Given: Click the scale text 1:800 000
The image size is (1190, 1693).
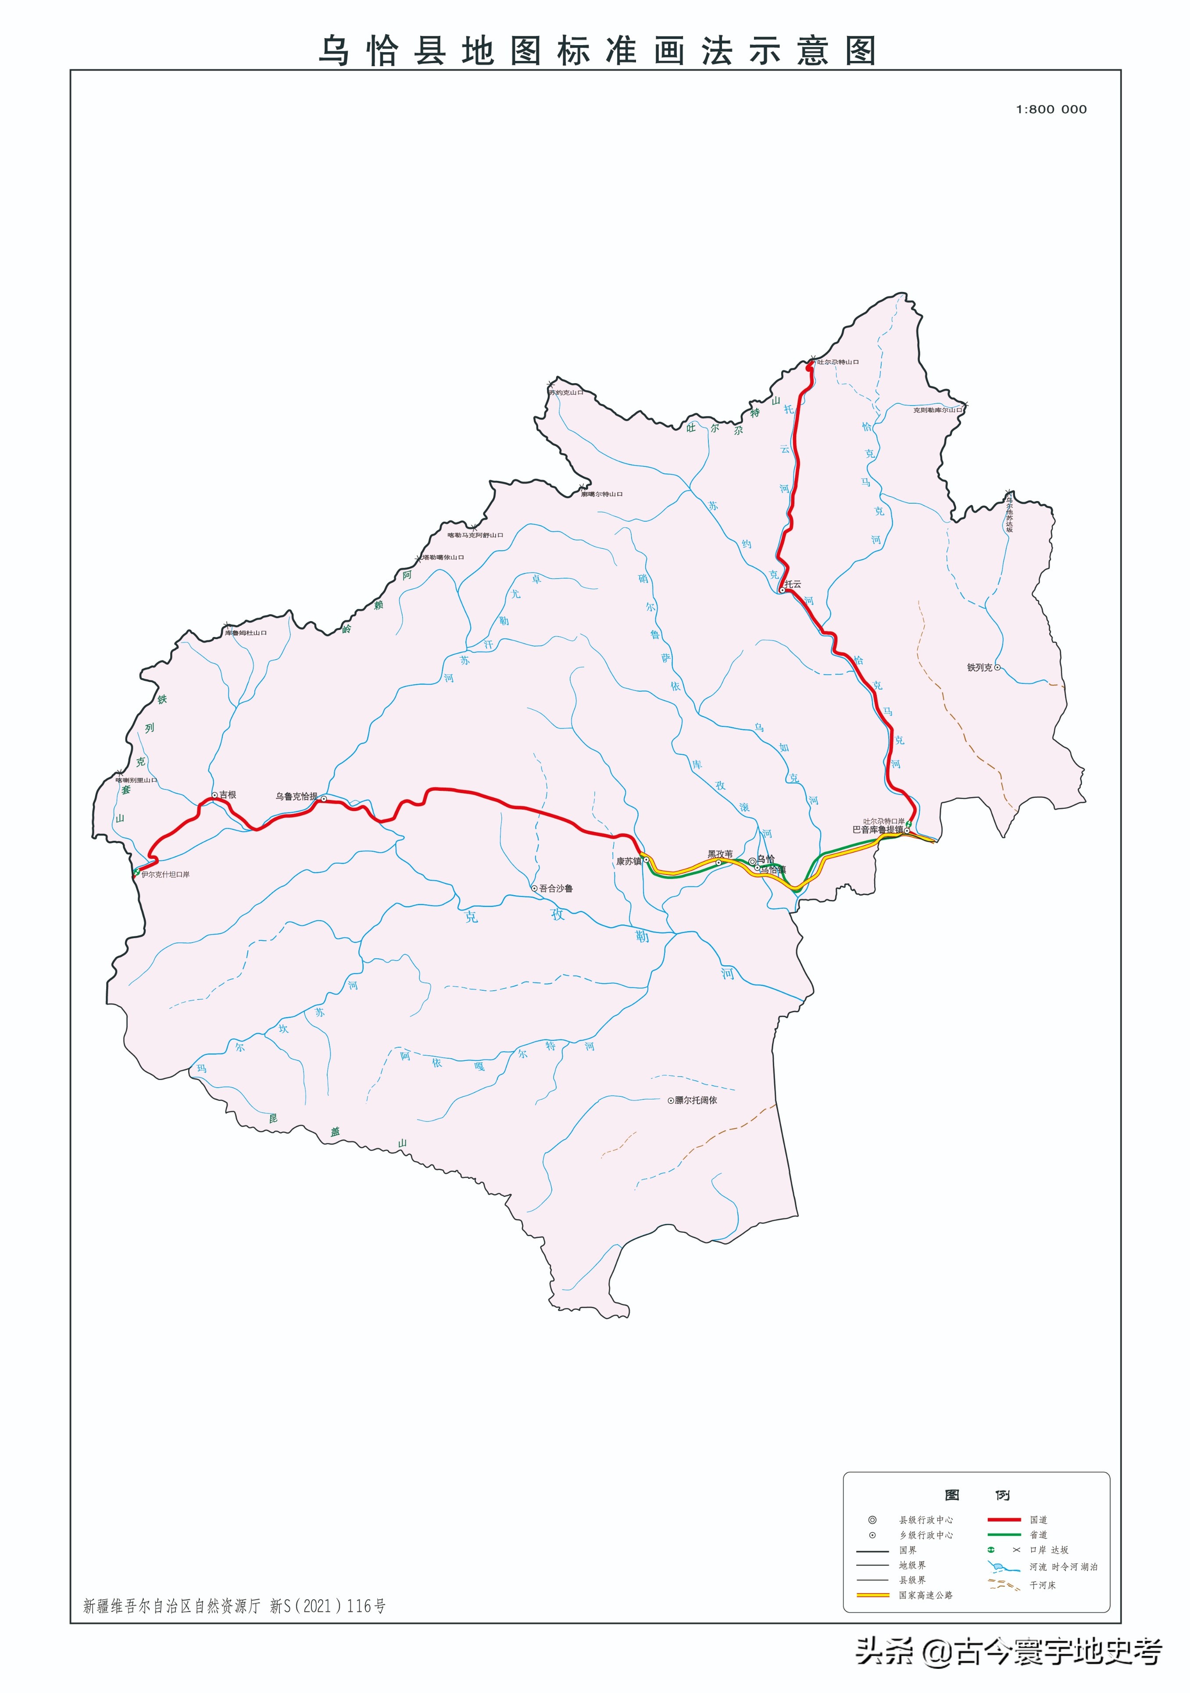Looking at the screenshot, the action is [x=1051, y=109].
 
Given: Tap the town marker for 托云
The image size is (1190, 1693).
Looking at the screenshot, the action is [x=781, y=590].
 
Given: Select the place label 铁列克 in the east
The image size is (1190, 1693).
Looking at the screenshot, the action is [x=980, y=667].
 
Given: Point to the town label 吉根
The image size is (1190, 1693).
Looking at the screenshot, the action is [x=227, y=795].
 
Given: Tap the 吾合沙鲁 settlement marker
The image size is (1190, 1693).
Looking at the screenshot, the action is [x=535, y=889].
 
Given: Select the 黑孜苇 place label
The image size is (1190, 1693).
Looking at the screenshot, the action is [x=720, y=854].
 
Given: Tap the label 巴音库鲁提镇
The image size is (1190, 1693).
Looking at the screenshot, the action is [x=877, y=829].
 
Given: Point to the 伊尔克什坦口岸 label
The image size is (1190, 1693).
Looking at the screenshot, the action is [x=165, y=875].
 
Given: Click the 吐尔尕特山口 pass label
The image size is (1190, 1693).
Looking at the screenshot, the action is [x=837, y=362].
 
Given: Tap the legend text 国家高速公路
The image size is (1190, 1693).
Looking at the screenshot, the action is [x=925, y=1595].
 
